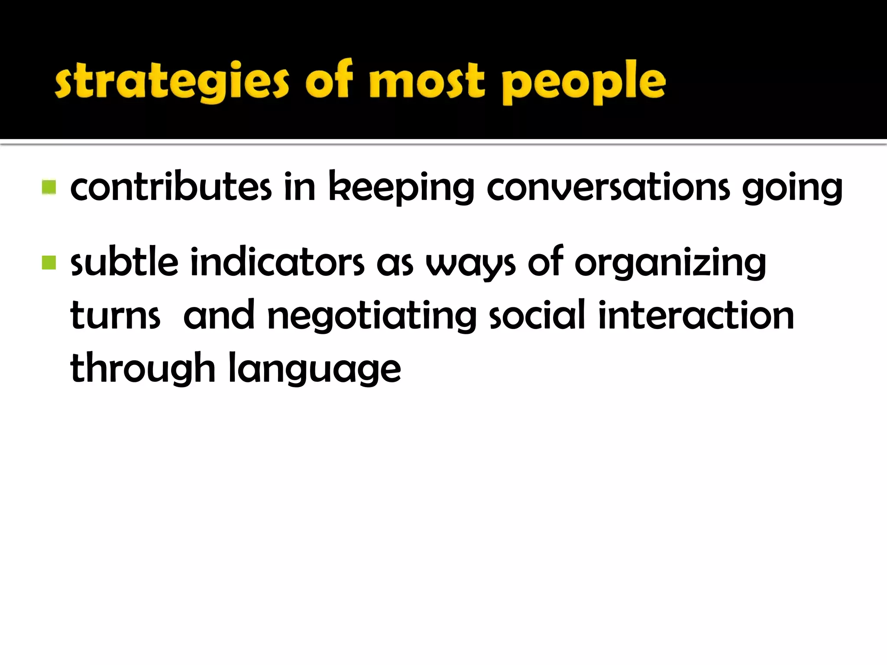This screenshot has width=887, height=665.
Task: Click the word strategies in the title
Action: (x=172, y=82)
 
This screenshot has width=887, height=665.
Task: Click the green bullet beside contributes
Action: (x=49, y=187)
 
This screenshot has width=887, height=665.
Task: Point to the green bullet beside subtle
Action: (x=49, y=262)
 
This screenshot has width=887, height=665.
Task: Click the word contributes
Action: (x=171, y=187)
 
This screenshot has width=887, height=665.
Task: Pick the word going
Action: (x=792, y=188)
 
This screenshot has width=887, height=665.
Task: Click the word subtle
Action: (x=124, y=262)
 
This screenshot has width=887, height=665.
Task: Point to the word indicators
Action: (x=277, y=262)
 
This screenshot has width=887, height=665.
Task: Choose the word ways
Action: (x=470, y=264)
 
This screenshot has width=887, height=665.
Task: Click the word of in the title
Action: (x=329, y=80)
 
